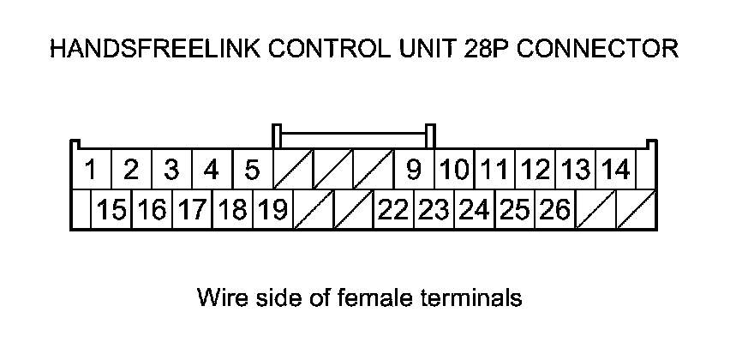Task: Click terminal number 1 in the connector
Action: pyautogui.click(x=90, y=170)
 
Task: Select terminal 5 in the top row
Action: pyautogui.click(x=252, y=170)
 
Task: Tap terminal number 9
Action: pyautogui.click(x=414, y=170)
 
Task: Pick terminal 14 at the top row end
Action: pyautogui.click(x=614, y=170)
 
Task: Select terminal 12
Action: pyautogui.click(x=536, y=170)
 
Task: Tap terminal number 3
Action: pyautogui.click(x=171, y=170)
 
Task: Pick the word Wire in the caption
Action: pyautogui.click(x=217, y=298)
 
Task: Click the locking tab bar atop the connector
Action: pyautogui.click(x=353, y=135)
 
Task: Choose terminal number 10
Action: pyautogui.click(x=455, y=170)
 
